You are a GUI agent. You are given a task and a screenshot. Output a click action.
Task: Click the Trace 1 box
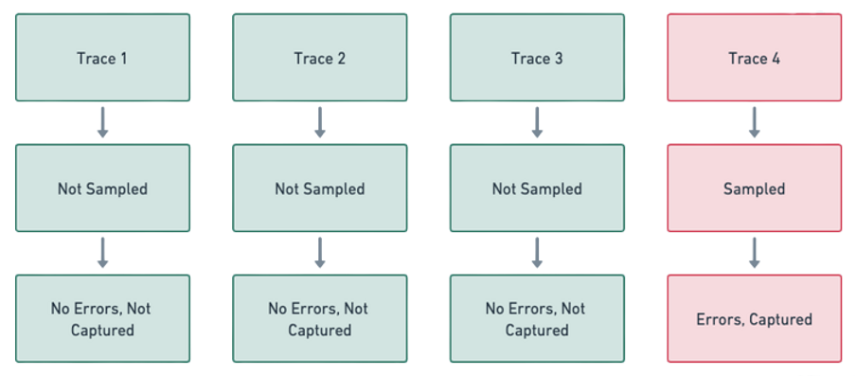click(102, 58)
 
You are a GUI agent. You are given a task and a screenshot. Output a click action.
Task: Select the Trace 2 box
click(320, 58)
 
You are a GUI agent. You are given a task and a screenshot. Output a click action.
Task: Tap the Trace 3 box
click(537, 58)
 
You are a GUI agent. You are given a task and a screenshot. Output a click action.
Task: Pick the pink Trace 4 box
click(754, 58)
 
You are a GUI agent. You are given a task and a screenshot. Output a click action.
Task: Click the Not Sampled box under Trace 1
click(102, 188)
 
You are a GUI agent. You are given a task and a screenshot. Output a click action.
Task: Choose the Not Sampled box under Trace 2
click(320, 188)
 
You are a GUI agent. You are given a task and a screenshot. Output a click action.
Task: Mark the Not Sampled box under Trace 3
click(537, 188)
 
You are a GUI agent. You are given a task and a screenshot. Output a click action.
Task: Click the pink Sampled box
click(754, 188)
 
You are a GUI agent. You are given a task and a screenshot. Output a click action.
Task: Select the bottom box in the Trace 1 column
click(102, 319)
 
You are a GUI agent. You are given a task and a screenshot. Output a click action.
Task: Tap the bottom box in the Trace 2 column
click(320, 319)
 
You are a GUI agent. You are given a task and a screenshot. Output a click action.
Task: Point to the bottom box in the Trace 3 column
click(537, 319)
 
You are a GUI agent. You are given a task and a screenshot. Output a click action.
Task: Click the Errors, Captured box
click(754, 319)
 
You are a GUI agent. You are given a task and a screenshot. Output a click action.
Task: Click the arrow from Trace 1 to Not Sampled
click(102, 123)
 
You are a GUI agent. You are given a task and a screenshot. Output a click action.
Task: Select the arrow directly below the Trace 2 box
click(320, 123)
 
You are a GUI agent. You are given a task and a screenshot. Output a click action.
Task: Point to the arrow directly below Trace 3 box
click(537, 123)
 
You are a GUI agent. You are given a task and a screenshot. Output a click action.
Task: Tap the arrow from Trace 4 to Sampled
click(755, 123)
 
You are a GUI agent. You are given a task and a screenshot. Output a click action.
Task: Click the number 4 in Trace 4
click(776, 59)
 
